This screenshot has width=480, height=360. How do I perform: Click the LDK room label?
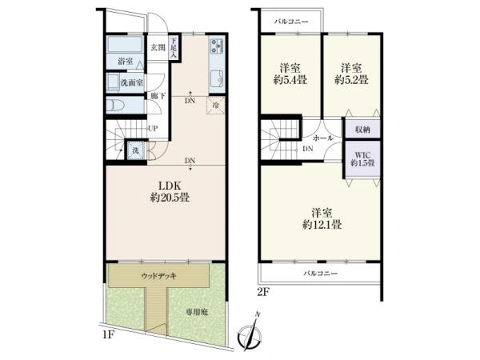click(170, 186)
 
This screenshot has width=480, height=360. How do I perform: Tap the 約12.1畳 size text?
click(322, 225)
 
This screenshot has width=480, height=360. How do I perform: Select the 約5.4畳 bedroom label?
click(290, 80)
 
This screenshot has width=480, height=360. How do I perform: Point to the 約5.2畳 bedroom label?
click(351, 80)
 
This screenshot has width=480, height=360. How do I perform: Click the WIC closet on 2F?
click(362, 159)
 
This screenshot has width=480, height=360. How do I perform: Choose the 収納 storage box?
click(362, 129)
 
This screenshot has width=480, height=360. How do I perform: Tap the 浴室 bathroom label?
click(126, 61)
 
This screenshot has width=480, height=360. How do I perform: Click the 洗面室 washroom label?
click(132, 82)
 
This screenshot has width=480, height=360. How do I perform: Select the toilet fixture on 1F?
click(115, 106)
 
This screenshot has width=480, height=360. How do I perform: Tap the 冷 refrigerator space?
click(216, 106)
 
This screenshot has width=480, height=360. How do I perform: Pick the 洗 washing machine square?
click(135, 150)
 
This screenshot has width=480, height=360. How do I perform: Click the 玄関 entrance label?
click(158, 47)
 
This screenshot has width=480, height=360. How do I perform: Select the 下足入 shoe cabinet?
click(174, 48)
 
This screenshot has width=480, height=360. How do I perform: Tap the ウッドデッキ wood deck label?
click(158, 276)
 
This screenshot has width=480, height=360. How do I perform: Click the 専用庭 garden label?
click(197, 312)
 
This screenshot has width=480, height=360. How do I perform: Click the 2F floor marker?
click(262, 293)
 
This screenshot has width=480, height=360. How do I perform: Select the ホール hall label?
click(322, 138)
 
